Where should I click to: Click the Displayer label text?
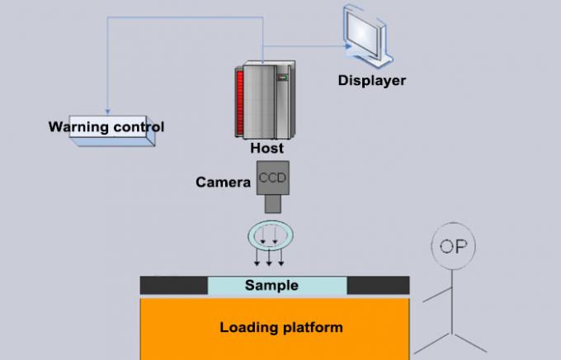click(372, 80)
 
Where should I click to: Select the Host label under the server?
click(266, 149)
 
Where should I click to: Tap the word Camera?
click(223, 182)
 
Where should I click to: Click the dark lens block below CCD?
click(271, 204)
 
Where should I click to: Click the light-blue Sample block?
click(276, 286)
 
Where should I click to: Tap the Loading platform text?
click(280, 328)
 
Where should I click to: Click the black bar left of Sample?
click(173, 286)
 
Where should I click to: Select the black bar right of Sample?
click(378, 286)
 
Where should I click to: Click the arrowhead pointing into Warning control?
click(107, 112)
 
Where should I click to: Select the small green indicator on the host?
click(280, 78)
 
